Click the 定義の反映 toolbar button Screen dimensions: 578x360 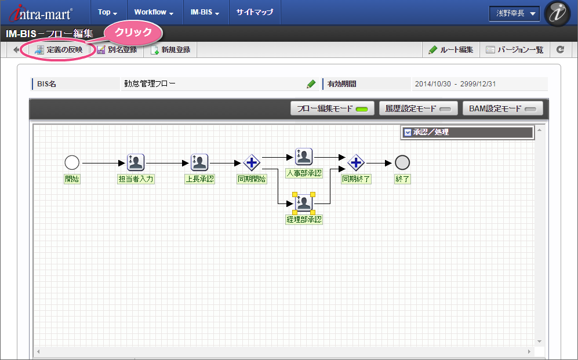tap(59, 50)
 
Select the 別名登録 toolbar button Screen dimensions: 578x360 tap(117, 50)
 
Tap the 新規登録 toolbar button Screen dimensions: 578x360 tap(170, 50)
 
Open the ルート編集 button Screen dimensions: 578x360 tap(451, 50)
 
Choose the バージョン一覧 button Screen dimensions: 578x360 tap(515, 50)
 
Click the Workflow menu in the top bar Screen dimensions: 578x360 tap(154, 12)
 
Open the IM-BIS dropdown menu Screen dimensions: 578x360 tap(205, 12)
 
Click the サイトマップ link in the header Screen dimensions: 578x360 tap(255, 12)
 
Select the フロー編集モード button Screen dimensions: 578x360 tap(333, 109)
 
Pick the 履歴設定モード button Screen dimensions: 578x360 tap(419, 109)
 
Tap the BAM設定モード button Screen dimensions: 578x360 tap(503, 109)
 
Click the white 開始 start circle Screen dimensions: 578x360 tap(72, 162)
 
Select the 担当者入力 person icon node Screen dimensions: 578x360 tap(136, 162)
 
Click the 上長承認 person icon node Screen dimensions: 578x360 tap(199, 162)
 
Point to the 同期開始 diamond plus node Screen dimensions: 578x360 tap(252, 162)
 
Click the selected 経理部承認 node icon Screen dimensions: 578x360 tap(304, 203)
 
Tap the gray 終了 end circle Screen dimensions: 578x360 tap(402, 162)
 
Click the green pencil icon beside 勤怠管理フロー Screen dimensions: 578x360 tap(311, 84)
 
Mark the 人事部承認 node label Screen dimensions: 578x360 tap(304, 173)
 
